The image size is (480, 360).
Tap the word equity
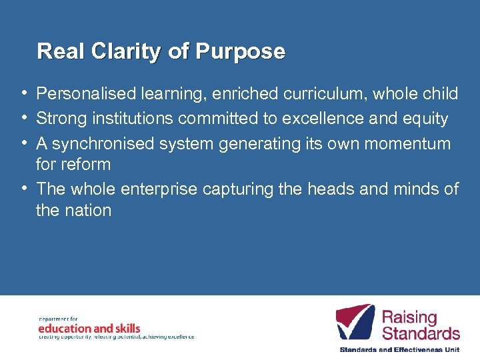click(x=423, y=119)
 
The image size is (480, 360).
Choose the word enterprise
click(x=159, y=189)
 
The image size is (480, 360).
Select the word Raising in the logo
click(x=409, y=317)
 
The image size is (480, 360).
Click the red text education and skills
click(x=89, y=328)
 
